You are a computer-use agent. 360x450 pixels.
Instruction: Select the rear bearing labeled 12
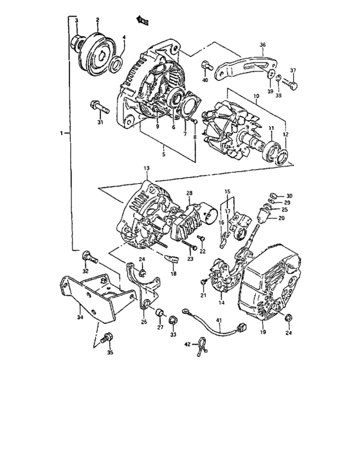pyautogui.click(x=281, y=154)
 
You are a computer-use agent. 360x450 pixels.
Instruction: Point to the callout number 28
pyautogui.click(x=190, y=193)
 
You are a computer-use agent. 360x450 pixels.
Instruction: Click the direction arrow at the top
pyautogui.click(x=143, y=21)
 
